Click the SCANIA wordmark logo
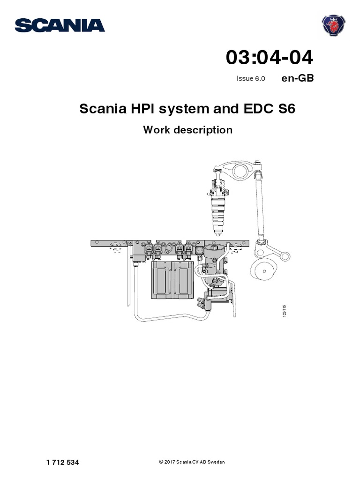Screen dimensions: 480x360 click(x=60, y=25)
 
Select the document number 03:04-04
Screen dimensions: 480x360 click(x=270, y=58)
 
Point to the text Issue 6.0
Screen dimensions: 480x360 click(x=251, y=79)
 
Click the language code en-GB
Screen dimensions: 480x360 click(x=297, y=78)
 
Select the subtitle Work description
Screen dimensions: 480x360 click(x=187, y=130)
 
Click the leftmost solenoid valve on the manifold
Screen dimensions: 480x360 click(x=149, y=249)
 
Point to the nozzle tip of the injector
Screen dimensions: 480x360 click(x=218, y=232)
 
